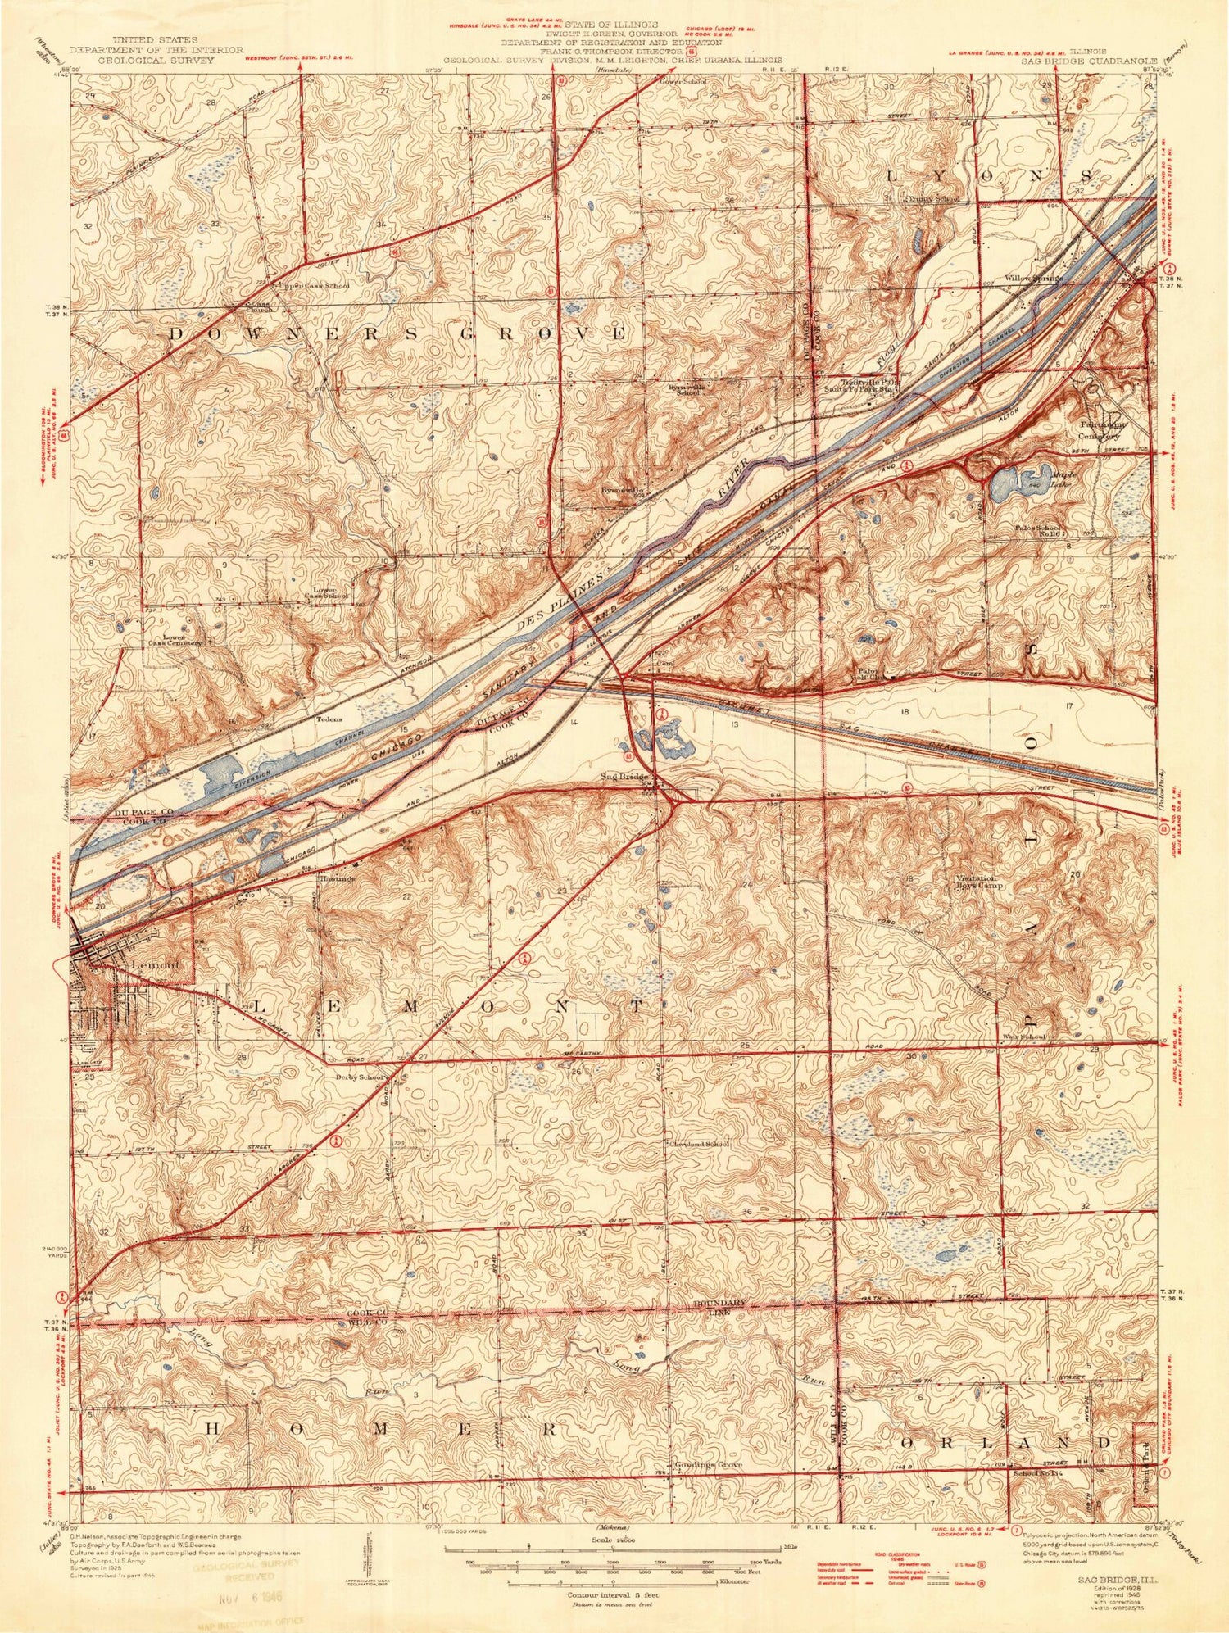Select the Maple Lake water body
click(1013, 485)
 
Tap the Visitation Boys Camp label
click(981, 882)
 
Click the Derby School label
click(358, 1077)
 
